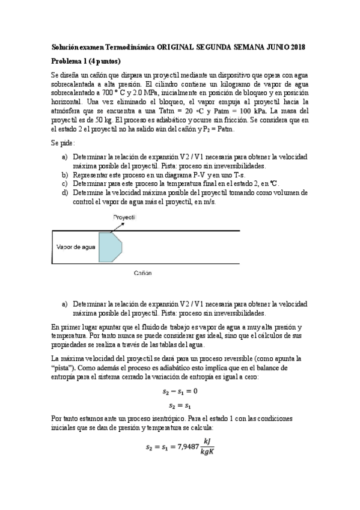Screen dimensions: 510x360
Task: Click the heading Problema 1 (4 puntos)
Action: click(86, 61)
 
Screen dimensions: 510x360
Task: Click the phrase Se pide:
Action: click(64, 143)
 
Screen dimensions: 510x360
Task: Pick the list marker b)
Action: click(65, 174)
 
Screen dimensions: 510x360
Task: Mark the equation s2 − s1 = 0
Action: click(179, 392)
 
